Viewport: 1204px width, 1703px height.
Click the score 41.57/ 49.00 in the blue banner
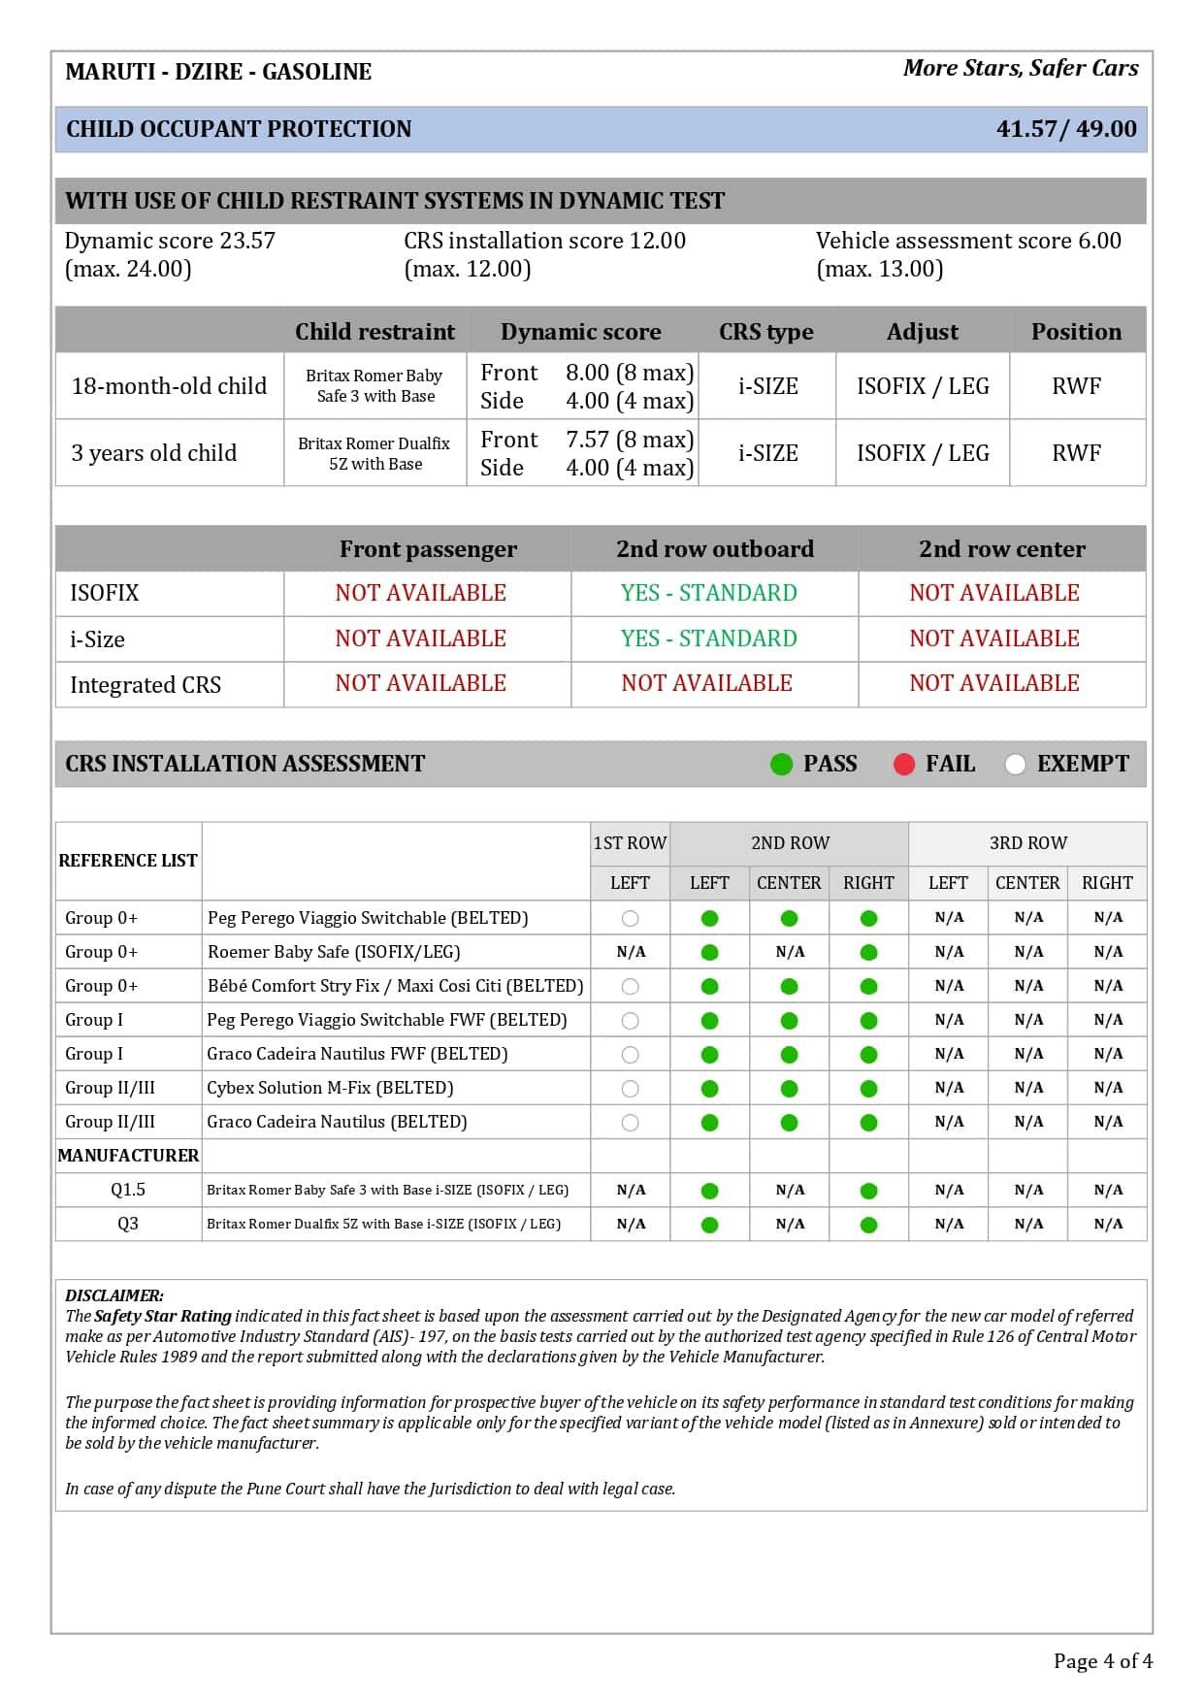pyautogui.click(x=1065, y=129)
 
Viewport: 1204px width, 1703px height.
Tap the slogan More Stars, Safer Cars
pyautogui.click(x=1020, y=68)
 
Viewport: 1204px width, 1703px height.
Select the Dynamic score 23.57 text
pyautogui.click(x=170, y=241)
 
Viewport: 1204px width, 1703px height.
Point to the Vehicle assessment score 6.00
pyautogui.click(x=967, y=241)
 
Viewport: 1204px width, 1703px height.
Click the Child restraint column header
pyautogui.click(x=374, y=332)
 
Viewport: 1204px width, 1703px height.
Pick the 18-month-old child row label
pyautogui.click(x=169, y=386)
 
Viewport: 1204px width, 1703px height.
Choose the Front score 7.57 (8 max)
pyautogui.click(x=629, y=440)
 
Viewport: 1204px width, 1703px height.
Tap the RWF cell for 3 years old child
pyautogui.click(x=1076, y=453)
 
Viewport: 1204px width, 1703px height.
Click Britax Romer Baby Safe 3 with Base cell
pyautogui.click(x=374, y=385)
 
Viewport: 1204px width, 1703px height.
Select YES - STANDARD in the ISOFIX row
pyautogui.click(x=708, y=593)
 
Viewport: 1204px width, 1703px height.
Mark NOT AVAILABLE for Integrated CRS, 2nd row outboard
pyautogui.click(x=706, y=683)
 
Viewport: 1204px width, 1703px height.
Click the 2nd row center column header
pyautogui.click(x=1001, y=549)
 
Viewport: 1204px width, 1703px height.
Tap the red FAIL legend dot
pyautogui.click(x=903, y=765)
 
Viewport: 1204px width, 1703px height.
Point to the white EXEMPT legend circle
pyautogui.click(x=1015, y=765)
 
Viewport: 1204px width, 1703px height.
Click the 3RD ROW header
pyautogui.click(x=1027, y=843)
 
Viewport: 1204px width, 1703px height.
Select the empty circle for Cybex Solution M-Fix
pyautogui.click(x=630, y=1089)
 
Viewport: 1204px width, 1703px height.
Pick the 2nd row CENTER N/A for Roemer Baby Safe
pyautogui.click(x=790, y=952)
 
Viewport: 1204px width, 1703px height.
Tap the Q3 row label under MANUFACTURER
pyautogui.click(x=128, y=1224)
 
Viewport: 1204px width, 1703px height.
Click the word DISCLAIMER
pyautogui.click(x=114, y=1295)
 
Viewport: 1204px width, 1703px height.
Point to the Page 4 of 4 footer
pyautogui.click(x=1102, y=1661)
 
